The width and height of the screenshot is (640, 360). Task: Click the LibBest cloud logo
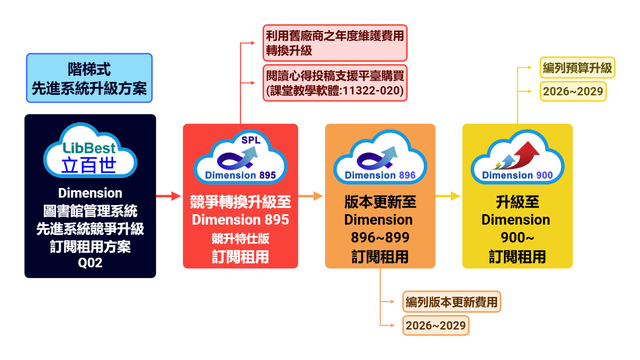[90, 151]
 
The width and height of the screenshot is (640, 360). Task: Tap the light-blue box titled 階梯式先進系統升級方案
[89, 78]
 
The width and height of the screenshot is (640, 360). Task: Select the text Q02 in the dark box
[90, 263]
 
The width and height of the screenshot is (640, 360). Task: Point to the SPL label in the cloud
[251, 140]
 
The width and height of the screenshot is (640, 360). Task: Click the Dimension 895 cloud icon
[240, 158]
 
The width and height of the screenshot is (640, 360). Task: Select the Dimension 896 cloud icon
[380, 158]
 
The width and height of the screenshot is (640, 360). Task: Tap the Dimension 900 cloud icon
[517, 158]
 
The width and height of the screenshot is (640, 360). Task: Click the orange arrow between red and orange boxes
[311, 196]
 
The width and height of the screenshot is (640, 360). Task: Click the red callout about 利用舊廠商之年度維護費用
[335, 43]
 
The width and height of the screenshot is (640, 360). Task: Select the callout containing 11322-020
[335, 83]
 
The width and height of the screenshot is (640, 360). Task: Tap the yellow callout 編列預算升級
[577, 67]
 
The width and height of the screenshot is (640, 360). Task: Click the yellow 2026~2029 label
[573, 91]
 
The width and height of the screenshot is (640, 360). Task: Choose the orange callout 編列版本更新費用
[451, 302]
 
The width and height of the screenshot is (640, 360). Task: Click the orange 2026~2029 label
[436, 325]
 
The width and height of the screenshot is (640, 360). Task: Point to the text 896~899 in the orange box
[380, 238]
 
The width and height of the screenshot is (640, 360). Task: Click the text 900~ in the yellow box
[517, 238]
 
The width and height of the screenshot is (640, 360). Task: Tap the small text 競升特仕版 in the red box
[240, 239]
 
